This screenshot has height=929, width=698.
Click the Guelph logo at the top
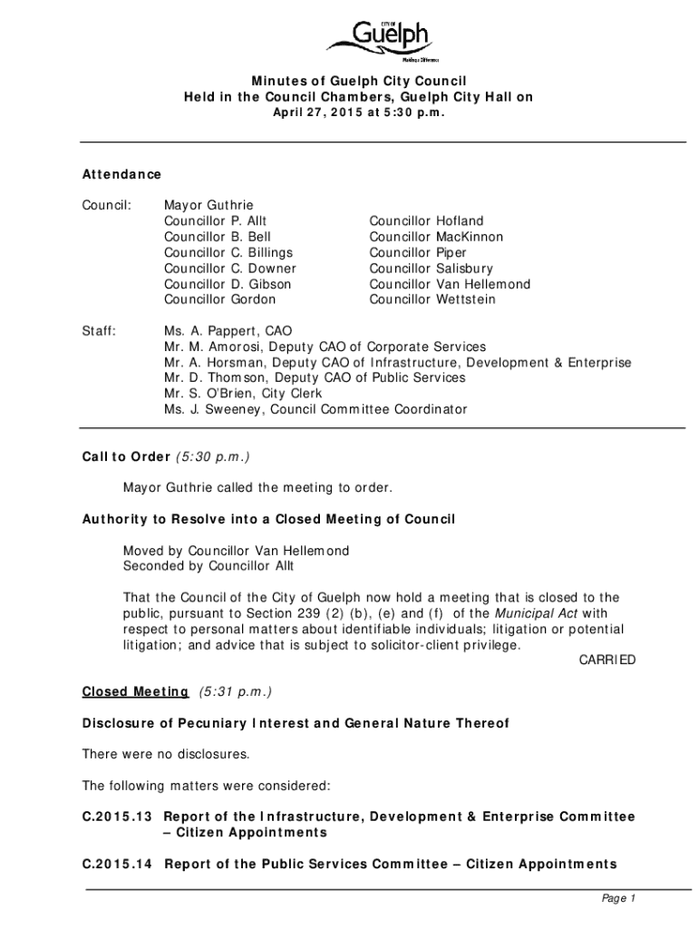[383, 41]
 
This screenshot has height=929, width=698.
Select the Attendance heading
[121, 173]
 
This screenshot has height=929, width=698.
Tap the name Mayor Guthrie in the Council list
[208, 205]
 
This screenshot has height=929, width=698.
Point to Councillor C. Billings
[228, 252]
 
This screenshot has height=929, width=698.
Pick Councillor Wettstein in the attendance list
[431, 299]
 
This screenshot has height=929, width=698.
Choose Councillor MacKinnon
[436, 237]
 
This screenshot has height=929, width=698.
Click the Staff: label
[99, 331]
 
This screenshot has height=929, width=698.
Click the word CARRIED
[607, 660]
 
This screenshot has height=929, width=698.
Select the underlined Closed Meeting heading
[135, 691]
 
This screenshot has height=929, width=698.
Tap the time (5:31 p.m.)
[234, 691]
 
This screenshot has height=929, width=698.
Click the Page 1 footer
[620, 898]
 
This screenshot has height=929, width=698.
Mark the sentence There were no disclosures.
[165, 754]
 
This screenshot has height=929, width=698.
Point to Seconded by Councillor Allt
[208, 566]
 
